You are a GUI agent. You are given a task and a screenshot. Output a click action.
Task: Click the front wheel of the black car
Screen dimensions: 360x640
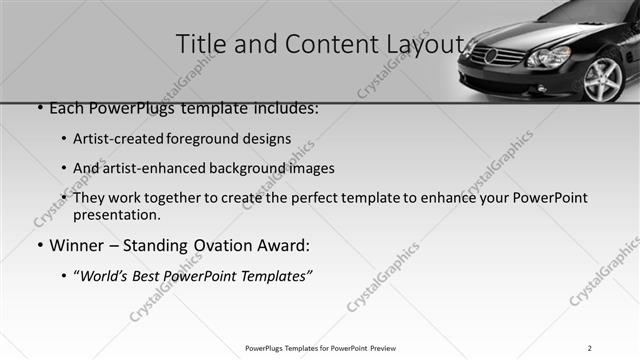coord(603,80)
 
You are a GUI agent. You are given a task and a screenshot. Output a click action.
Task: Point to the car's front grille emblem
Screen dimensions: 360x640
coord(490,56)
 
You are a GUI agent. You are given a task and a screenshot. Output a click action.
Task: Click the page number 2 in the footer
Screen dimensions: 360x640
coord(589,348)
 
